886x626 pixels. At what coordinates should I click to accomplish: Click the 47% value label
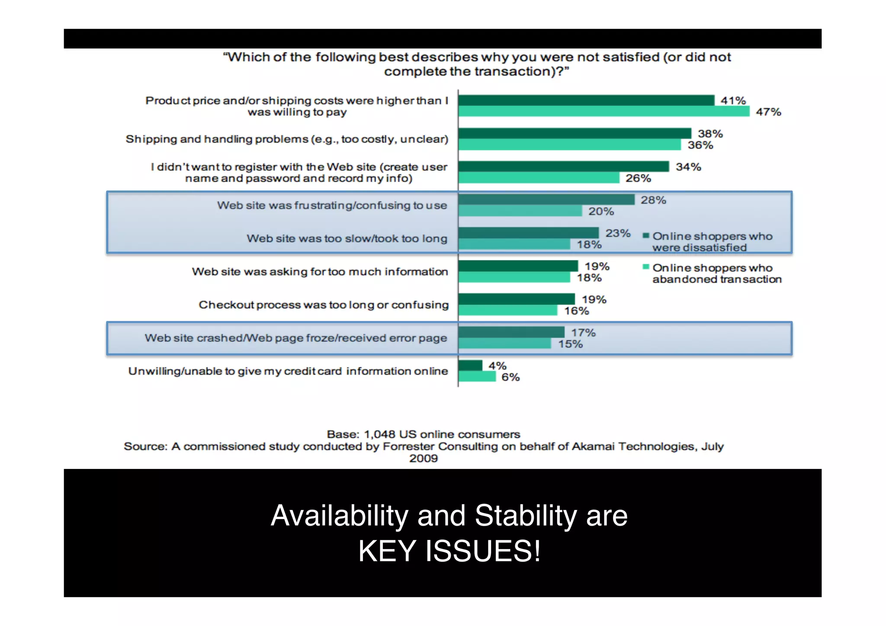[768, 112]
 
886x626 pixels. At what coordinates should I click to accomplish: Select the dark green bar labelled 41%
[586, 100]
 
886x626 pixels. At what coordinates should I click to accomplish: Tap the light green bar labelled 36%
[569, 145]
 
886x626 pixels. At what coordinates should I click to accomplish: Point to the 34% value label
[688, 167]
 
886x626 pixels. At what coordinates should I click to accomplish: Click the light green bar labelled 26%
[539, 178]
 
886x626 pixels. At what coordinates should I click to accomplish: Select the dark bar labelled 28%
[546, 200]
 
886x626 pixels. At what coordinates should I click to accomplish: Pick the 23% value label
[618, 233]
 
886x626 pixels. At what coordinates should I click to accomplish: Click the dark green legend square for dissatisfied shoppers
[646, 236]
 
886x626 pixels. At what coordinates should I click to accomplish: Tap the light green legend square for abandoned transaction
[646, 267]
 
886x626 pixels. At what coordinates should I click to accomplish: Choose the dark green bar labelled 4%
[470, 366]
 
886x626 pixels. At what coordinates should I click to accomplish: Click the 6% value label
[510, 377]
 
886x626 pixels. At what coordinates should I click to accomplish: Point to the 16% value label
[576, 311]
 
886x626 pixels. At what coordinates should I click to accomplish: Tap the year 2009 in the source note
[424, 459]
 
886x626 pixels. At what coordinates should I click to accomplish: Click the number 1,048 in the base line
[379, 434]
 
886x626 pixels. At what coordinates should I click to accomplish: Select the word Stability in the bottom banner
[526, 516]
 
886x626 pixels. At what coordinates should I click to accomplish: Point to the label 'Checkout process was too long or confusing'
[324, 305]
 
